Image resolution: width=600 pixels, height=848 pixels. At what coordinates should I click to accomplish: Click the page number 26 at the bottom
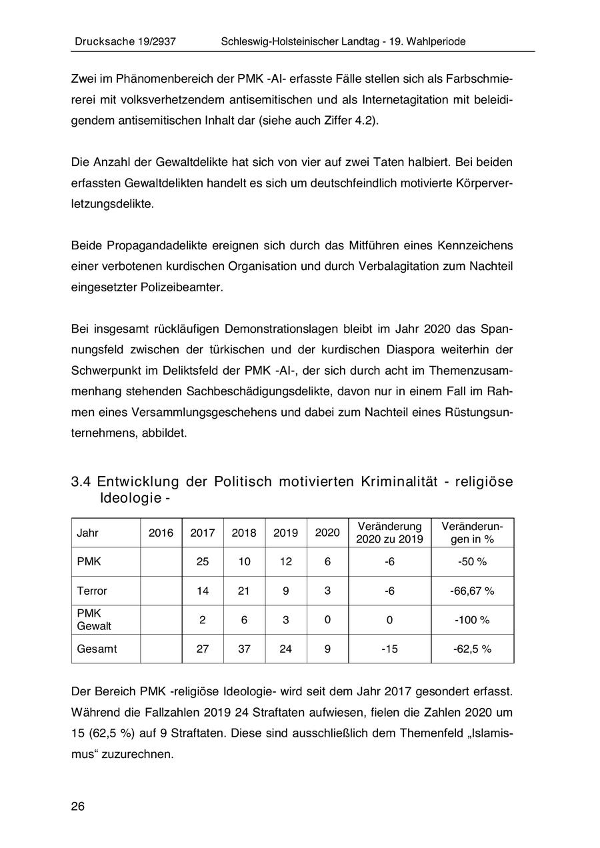tap(78, 807)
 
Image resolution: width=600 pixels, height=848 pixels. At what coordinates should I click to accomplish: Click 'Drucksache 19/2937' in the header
tap(125, 41)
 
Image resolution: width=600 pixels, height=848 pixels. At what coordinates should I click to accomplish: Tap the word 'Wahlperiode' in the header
tap(433, 41)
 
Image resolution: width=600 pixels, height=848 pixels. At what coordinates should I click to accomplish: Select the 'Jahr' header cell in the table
tap(88, 533)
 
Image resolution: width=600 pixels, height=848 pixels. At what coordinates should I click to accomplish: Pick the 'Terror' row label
tap(92, 591)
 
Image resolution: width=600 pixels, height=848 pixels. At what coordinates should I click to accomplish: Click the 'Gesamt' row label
tap(97, 649)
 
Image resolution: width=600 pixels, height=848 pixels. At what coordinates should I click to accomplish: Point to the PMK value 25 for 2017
tap(203, 561)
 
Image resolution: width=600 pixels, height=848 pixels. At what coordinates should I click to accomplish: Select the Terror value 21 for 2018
tap(244, 591)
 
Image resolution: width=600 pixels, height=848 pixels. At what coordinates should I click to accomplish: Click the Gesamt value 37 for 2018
tap(244, 649)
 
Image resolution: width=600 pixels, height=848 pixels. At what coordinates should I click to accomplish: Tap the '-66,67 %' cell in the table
tap(472, 591)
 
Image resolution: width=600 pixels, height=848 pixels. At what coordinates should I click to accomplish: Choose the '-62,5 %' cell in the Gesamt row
tap(472, 649)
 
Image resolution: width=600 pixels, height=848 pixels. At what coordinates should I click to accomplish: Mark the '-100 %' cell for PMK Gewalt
tap(472, 620)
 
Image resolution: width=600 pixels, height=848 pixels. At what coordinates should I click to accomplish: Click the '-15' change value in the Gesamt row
tap(389, 649)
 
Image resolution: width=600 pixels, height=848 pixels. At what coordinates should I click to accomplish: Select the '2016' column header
tap(161, 533)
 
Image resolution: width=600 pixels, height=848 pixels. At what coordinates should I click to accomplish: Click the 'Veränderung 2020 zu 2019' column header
tap(389, 533)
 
